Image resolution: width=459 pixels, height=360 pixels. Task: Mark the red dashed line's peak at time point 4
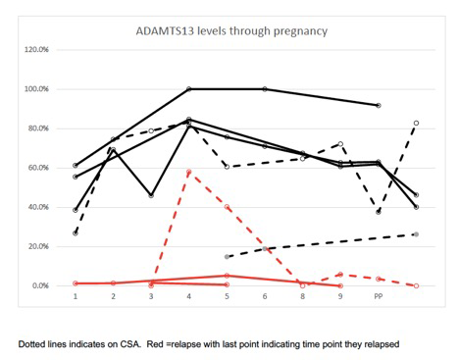pos(189,173)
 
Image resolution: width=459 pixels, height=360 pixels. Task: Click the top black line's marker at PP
pos(379,105)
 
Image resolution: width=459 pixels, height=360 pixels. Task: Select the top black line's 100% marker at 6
pos(265,89)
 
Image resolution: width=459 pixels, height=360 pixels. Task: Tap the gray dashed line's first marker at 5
pos(227,257)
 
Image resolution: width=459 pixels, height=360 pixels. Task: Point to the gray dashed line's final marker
pos(416,234)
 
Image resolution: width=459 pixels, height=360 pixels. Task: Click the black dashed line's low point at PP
pos(379,212)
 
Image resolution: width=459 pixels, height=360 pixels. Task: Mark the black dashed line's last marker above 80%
pos(416,123)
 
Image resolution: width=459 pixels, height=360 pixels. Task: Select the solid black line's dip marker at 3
pos(151,195)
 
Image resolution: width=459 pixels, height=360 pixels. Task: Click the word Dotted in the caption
pos(35,345)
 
